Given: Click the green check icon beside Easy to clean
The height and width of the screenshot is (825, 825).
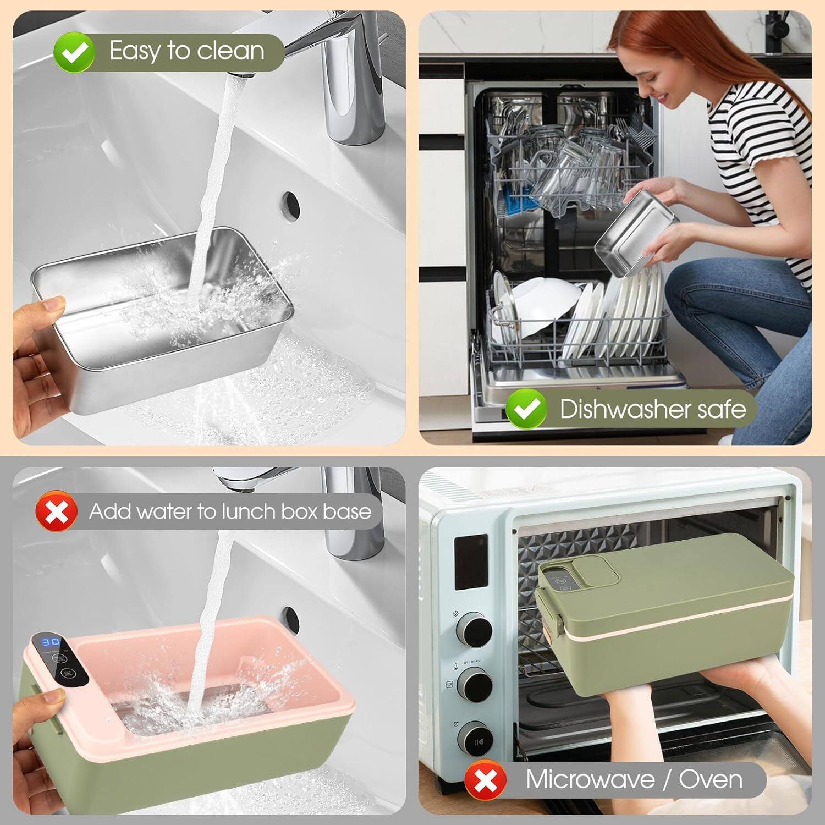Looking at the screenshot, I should pyautogui.click(x=74, y=52).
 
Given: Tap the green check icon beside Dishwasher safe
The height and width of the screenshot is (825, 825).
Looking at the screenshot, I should pyautogui.click(x=526, y=409).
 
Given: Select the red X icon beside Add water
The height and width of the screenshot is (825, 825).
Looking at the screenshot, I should pyautogui.click(x=56, y=512).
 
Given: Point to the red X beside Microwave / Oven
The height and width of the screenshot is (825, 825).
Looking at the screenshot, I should pyautogui.click(x=485, y=780).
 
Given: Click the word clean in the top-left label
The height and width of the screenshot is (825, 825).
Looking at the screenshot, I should pyautogui.click(x=230, y=51).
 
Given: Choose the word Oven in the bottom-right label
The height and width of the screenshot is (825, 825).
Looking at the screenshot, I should pyautogui.click(x=711, y=779).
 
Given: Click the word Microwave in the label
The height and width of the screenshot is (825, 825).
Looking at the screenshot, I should pyautogui.click(x=589, y=779).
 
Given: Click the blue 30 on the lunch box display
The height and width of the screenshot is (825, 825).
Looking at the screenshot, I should pyautogui.click(x=51, y=642).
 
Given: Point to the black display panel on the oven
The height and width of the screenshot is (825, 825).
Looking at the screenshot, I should pyautogui.click(x=471, y=562).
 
